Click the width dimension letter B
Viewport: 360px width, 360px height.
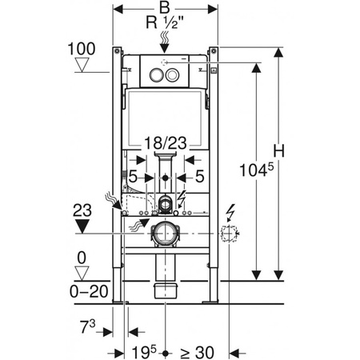(x=165, y=7)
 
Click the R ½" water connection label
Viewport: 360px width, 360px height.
(x=166, y=22)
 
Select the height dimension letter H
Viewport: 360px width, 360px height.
(x=279, y=151)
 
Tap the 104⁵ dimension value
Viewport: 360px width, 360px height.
(x=257, y=170)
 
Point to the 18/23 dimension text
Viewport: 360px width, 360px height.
(x=166, y=143)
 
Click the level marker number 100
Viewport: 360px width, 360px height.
(x=82, y=49)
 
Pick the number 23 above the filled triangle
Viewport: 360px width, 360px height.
(x=82, y=210)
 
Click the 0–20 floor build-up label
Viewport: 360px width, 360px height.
(x=89, y=291)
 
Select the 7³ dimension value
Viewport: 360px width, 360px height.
(x=88, y=326)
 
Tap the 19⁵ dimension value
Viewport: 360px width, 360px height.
(x=144, y=352)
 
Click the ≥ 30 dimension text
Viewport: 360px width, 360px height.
(x=197, y=353)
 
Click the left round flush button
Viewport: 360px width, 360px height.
(x=155, y=75)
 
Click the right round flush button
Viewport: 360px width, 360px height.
(x=172, y=75)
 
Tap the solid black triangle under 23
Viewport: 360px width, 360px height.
(x=82, y=226)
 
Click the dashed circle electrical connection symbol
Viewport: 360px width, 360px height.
(x=229, y=234)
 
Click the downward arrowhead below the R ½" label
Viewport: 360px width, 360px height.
(x=165, y=48)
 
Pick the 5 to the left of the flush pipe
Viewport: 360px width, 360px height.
(x=133, y=176)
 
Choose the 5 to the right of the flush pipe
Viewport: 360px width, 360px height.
(x=200, y=176)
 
